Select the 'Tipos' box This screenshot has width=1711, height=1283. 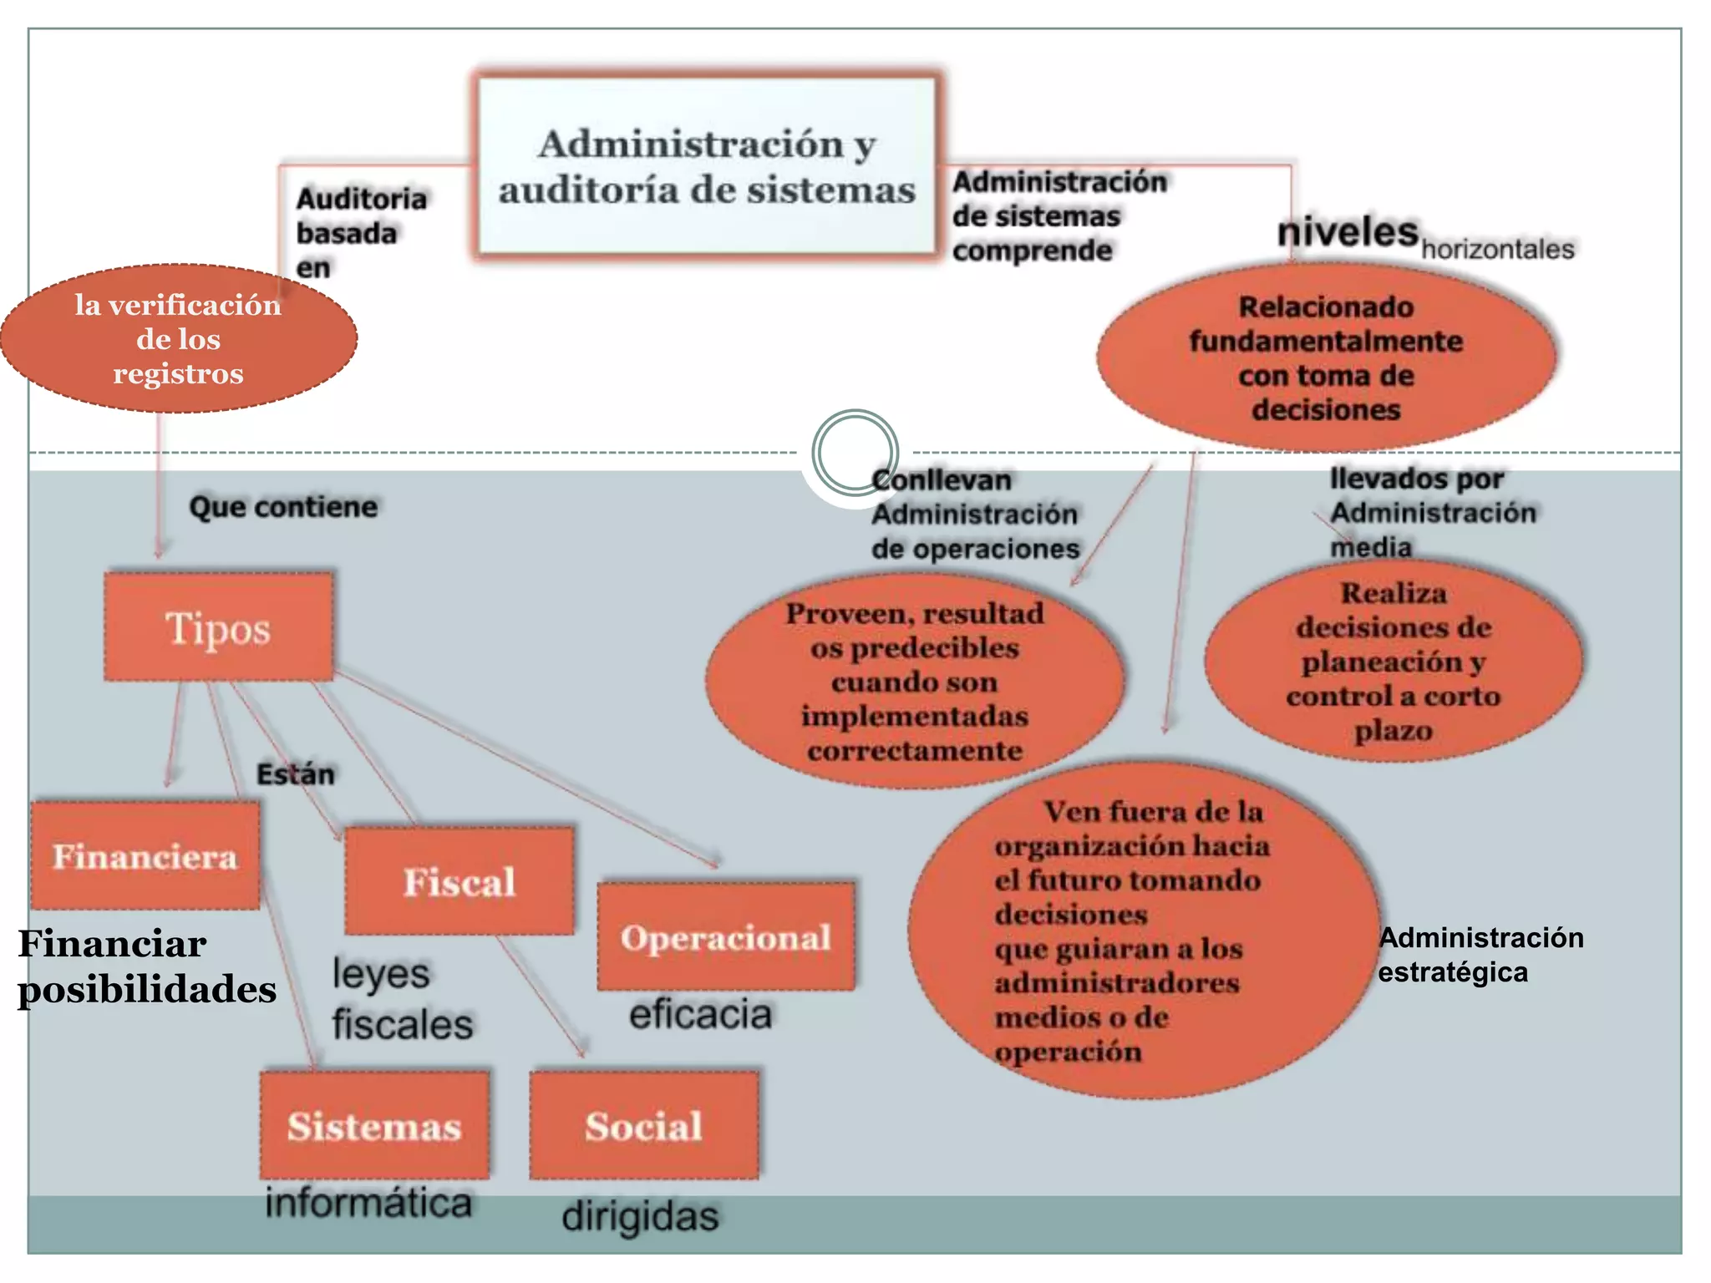pyautogui.click(x=219, y=627)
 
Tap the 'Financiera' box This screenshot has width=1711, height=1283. pyautogui.click(x=145, y=856)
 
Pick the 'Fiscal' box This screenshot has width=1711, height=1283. pyautogui.click(x=459, y=881)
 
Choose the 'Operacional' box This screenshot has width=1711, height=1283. pyautogui.click(x=726, y=937)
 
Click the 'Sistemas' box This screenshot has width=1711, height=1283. pyautogui.click(x=374, y=1125)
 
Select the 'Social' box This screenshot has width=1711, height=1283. pyautogui.click(x=644, y=1125)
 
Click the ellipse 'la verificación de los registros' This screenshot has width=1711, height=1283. pyautogui.click(x=178, y=338)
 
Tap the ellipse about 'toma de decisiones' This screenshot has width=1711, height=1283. pyautogui.click(x=1327, y=358)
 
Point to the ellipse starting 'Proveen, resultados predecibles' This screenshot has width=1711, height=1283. pyautogui.click(x=915, y=682)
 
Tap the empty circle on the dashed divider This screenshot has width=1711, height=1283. pyautogui.click(x=855, y=452)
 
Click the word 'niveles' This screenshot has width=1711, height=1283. pyautogui.click(x=1348, y=231)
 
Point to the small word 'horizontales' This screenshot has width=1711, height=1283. pyautogui.click(x=1498, y=249)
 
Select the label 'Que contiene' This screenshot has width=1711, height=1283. pyautogui.click(x=283, y=507)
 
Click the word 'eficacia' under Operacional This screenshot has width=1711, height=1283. pyautogui.click(x=700, y=1014)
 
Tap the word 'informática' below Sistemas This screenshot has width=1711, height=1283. pyautogui.click(x=368, y=1203)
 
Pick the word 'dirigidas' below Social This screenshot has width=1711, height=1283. pyautogui.click(x=640, y=1216)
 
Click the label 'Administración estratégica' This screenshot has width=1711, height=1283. pyautogui.click(x=1480, y=955)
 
